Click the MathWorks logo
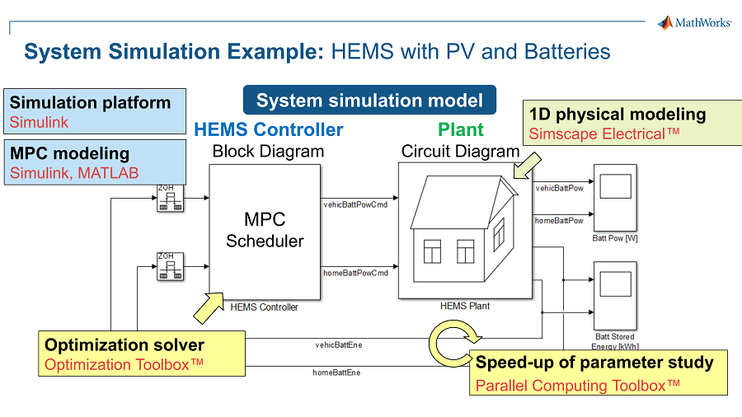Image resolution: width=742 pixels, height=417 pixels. tap(693, 23)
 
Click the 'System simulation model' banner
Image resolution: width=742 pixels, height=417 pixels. tap(369, 101)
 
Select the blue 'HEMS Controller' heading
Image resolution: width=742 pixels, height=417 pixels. tap(269, 129)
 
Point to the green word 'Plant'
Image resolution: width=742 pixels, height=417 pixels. tap(461, 129)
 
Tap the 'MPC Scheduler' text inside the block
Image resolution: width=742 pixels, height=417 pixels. tap(265, 230)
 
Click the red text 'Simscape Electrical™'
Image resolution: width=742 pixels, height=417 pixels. tap(604, 134)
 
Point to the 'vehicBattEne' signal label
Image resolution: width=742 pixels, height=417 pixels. tap(338, 344)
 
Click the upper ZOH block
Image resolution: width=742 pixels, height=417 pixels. tap(169, 198)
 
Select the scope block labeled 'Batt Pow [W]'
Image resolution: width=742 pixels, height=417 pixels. tap(614, 197)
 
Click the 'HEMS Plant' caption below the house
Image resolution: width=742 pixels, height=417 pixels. tap(465, 306)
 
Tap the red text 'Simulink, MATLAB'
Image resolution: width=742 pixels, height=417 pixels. tap(74, 172)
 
